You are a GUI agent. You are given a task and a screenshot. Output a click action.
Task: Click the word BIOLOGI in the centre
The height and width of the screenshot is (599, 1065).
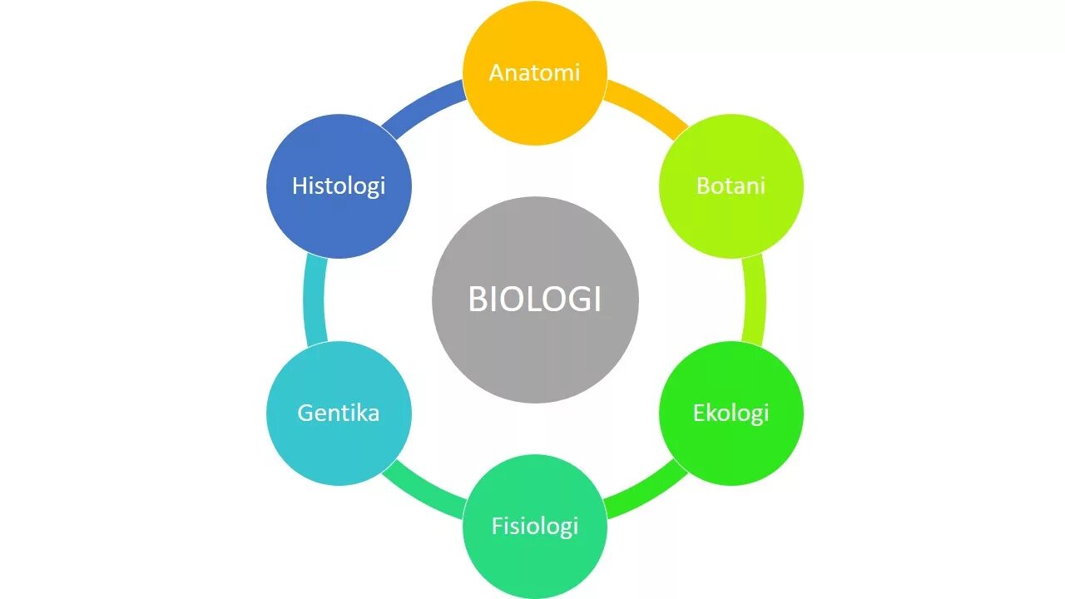[x=534, y=299]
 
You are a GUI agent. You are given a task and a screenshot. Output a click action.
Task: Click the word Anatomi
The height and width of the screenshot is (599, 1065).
[x=534, y=73]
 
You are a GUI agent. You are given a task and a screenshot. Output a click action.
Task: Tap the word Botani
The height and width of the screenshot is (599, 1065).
[x=731, y=186]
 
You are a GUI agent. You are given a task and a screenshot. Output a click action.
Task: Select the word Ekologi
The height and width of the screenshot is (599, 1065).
[x=731, y=413]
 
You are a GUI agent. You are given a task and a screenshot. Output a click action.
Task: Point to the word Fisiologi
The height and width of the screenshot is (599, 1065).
[x=534, y=527]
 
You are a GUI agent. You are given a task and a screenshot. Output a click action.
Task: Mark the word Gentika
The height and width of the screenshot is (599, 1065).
[x=339, y=413]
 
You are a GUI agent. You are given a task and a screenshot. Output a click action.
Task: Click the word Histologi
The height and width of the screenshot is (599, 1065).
[x=339, y=186]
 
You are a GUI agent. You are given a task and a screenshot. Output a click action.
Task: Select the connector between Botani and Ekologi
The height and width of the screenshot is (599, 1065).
[x=755, y=299]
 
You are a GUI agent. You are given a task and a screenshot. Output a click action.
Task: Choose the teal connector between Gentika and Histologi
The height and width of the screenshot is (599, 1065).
[x=314, y=299]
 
